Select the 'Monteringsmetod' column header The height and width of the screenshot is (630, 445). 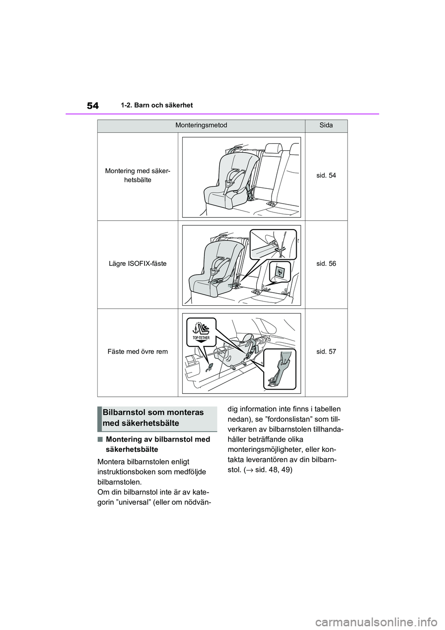coord(202,125)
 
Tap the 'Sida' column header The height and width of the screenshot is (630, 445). coord(326,125)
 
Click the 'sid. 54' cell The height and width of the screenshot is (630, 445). coord(326,175)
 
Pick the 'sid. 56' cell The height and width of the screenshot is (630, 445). coord(326,264)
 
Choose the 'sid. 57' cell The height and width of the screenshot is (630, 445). coord(326,352)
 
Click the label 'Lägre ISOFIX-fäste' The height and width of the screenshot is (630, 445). coord(138,264)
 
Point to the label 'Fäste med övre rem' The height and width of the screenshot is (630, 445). coord(138,352)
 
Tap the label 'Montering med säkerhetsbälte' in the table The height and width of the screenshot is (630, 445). coord(138,175)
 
